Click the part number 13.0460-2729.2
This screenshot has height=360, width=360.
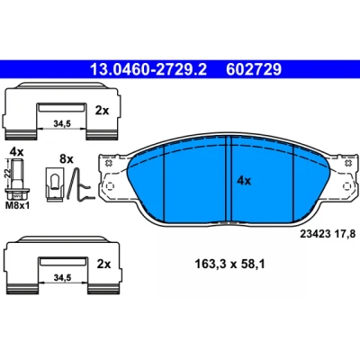[x=148, y=69]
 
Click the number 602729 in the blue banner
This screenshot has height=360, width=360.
[x=254, y=69]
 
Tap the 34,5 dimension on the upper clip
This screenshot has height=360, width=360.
[x=62, y=123]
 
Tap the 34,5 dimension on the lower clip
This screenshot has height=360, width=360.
[x=62, y=278]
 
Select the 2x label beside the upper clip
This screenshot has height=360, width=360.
[x=102, y=111]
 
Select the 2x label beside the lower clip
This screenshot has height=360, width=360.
[x=103, y=265]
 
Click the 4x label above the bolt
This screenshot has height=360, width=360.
[x=16, y=151]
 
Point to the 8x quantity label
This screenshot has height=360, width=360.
[x=67, y=158]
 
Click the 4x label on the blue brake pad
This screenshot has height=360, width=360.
[x=244, y=181]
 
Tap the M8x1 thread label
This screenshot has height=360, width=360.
[x=18, y=206]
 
